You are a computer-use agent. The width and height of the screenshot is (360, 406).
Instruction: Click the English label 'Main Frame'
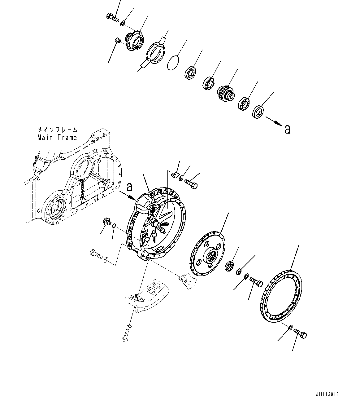click(57, 137)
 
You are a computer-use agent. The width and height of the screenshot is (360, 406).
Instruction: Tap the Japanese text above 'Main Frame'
click(57, 130)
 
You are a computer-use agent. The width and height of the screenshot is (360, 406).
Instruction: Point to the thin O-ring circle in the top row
click(173, 63)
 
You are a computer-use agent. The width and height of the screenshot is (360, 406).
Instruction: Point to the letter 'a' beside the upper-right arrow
click(288, 129)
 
